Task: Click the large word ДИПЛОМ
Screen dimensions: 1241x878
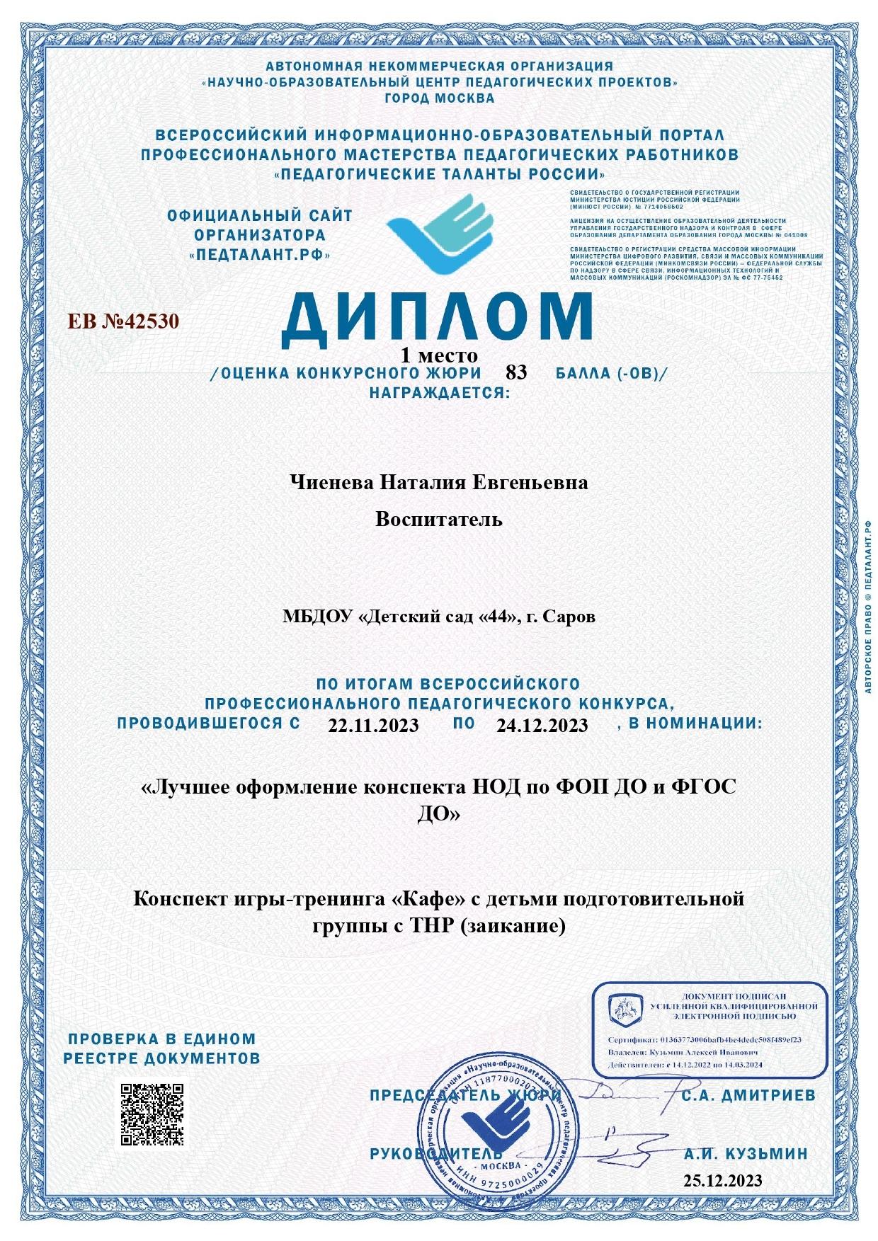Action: (436, 316)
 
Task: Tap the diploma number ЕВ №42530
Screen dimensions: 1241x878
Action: (123, 321)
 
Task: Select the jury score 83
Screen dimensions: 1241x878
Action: (516, 373)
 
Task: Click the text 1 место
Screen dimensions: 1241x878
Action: (439, 355)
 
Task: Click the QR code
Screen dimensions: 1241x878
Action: (152, 1114)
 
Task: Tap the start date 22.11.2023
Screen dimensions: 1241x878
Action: (373, 725)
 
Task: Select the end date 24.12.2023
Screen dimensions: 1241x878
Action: (542, 725)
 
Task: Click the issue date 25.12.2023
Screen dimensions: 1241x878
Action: (723, 1180)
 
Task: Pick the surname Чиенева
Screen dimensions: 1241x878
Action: (332, 483)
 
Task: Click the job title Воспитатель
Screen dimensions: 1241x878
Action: (439, 520)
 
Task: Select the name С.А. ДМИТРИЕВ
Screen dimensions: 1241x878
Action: (749, 1096)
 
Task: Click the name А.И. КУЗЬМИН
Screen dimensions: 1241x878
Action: (746, 1154)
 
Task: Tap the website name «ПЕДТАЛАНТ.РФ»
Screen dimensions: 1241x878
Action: (260, 254)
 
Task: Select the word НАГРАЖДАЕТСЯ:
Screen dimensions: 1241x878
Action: (439, 391)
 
